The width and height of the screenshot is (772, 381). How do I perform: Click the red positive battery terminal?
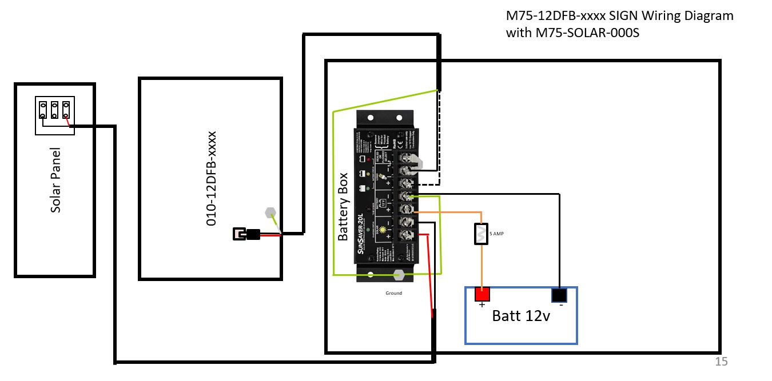[x=483, y=295]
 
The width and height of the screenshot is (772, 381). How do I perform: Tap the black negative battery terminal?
[x=559, y=295]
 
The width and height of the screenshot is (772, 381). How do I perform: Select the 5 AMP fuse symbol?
[x=481, y=234]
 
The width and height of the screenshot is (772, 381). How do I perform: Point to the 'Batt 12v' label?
[x=521, y=316]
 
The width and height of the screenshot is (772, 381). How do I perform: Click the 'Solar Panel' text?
[x=55, y=181]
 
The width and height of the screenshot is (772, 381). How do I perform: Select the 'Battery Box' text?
[x=343, y=206]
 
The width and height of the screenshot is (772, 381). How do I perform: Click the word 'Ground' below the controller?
[x=393, y=293]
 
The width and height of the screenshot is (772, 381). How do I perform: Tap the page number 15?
[x=721, y=361]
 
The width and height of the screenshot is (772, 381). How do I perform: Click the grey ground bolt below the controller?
[x=398, y=275]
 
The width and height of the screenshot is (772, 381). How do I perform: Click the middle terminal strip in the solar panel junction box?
[x=55, y=110]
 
